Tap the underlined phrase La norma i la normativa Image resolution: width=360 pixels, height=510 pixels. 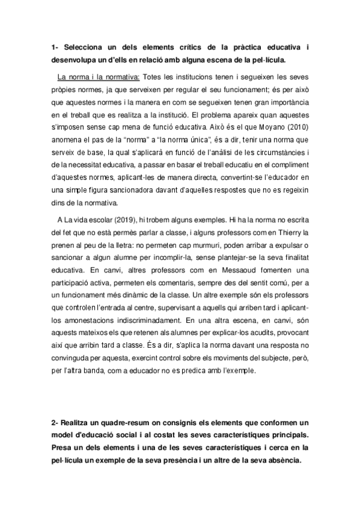(x=98, y=77)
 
